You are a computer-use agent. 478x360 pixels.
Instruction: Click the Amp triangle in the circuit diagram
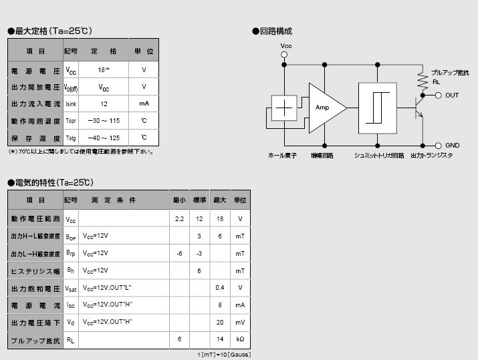click(x=325, y=108)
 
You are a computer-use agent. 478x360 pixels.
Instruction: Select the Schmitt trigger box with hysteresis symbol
click(x=377, y=107)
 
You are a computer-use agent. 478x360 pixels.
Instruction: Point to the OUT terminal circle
click(x=439, y=96)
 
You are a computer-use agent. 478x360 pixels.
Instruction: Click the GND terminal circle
click(x=439, y=145)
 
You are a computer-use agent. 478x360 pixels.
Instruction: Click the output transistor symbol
click(x=420, y=107)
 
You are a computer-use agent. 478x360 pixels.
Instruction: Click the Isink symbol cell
click(x=71, y=104)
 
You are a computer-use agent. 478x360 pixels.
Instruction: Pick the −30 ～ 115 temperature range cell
click(x=104, y=121)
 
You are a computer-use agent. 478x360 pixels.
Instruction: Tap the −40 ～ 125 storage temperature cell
click(x=104, y=138)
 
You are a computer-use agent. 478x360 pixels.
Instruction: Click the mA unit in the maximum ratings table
click(x=144, y=104)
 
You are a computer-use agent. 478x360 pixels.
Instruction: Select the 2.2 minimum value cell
click(x=179, y=218)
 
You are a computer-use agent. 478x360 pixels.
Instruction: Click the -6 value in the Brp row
click(x=179, y=253)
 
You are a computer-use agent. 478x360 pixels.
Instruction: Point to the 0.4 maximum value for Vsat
click(x=219, y=288)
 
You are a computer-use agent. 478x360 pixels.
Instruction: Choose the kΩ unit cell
click(x=240, y=339)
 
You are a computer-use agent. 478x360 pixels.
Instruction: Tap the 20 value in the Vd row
click(x=219, y=322)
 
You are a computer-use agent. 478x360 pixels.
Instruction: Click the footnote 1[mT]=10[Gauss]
click(x=224, y=355)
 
